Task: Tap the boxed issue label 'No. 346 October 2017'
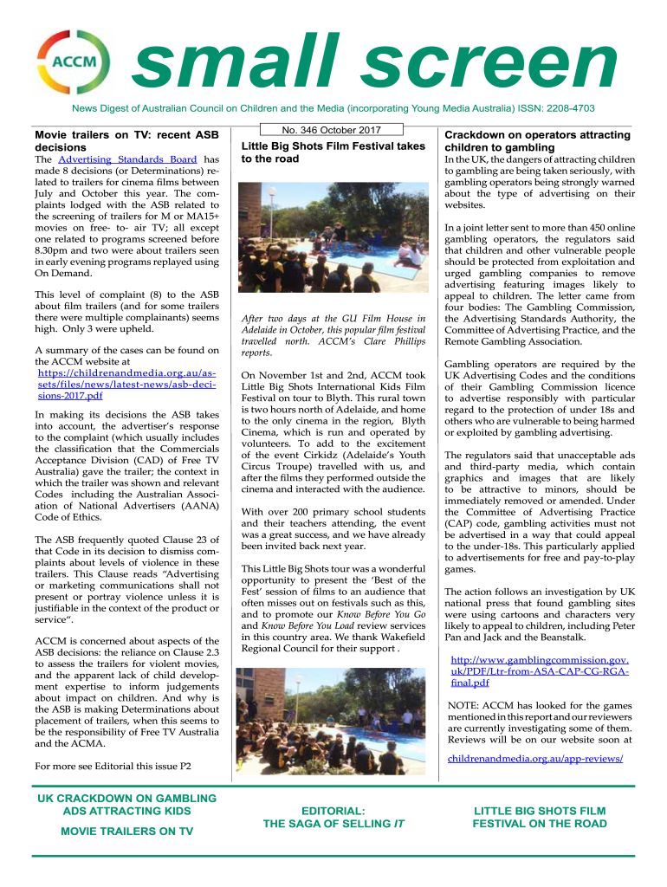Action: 333,130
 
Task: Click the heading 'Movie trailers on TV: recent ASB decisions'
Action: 126,141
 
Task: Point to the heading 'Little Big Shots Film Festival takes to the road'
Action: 333,152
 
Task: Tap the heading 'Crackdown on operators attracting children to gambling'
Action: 537,141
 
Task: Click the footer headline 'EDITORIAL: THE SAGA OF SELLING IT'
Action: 333,817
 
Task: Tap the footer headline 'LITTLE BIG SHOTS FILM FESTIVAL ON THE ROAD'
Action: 539,817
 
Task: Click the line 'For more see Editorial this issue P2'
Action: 113,766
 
